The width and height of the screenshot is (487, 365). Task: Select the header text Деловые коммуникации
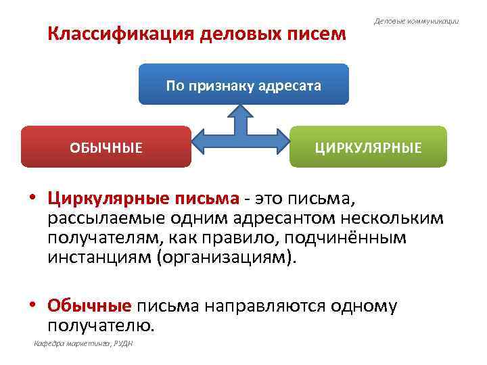tap(417, 22)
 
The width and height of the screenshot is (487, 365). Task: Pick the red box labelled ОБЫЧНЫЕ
tap(106, 147)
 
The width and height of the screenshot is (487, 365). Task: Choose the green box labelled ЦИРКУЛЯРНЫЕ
tap(368, 147)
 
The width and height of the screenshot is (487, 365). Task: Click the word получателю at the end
tap(101, 325)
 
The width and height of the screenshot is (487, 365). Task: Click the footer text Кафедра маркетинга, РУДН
tap(83, 344)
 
